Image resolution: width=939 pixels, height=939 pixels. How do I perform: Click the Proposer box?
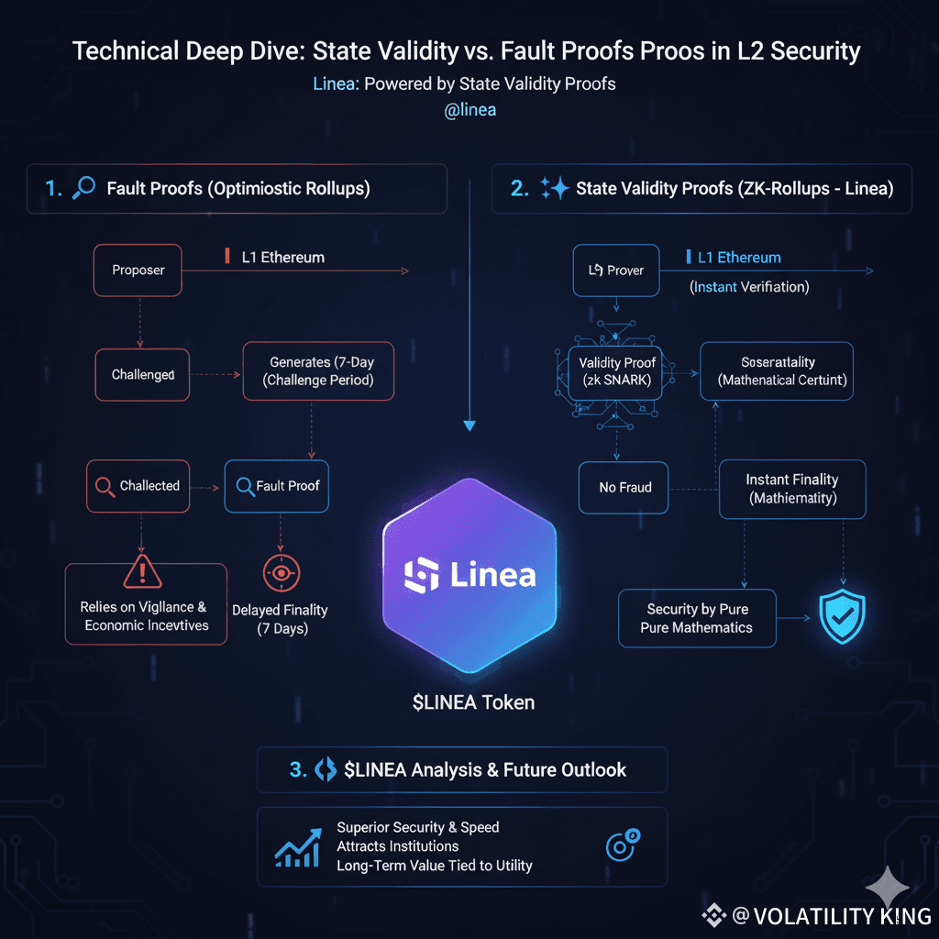[x=138, y=271]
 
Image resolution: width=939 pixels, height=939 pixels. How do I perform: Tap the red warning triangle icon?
[x=142, y=573]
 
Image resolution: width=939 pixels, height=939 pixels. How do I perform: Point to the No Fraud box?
[x=624, y=487]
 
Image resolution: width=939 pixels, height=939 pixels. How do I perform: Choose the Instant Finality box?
[x=791, y=489]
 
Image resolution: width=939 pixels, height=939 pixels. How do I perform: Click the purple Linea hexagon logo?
[x=469, y=575]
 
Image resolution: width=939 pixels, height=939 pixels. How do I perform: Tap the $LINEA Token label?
[x=472, y=702]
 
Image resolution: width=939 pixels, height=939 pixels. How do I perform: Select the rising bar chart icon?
[x=298, y=847]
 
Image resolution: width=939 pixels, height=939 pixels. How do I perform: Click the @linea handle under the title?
[x=469, y=110]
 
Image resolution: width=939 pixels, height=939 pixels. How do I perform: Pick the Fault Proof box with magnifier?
[x=276, y=486]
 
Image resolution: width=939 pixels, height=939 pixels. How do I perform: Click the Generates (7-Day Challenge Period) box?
[x=318, y=371]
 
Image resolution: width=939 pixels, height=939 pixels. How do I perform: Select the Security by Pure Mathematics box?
[x=697, y=619]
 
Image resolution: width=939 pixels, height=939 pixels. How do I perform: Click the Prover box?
[x=615, y=271]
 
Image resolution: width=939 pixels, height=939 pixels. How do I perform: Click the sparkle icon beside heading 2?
[x=554, y=189]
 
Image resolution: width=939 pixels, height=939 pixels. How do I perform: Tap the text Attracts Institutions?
[x=397, y=846]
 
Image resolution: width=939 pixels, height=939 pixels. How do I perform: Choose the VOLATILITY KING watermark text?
[x=831, y=915]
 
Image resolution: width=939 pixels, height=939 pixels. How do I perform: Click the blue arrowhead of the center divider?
[x=469, y=425]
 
